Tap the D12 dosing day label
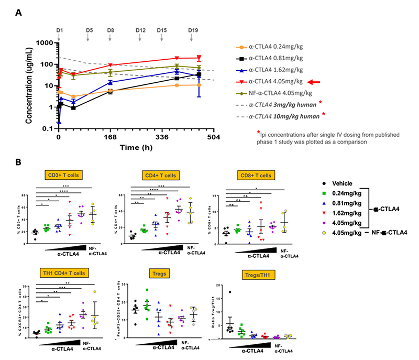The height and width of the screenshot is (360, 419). [140, 31]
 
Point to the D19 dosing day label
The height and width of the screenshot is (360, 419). [193, 31]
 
